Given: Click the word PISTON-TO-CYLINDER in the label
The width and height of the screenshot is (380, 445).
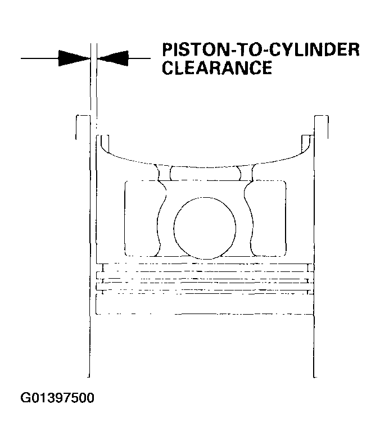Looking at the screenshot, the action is [x=261, y=50].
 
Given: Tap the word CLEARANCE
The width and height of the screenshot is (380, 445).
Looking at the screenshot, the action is [x=217, y=68].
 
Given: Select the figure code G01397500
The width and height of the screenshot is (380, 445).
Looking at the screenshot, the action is [x=57, y=398].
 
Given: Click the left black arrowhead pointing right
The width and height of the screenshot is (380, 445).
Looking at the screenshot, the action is [x=74, y=58].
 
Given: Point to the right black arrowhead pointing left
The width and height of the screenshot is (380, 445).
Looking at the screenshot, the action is [x=113, y=58].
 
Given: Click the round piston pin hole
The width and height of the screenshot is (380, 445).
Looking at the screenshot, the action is [x=205, y=228].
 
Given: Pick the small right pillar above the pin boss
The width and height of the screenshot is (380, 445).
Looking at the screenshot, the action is [x=246, y=172].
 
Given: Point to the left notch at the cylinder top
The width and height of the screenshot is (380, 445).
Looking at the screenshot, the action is [x=83, y=127].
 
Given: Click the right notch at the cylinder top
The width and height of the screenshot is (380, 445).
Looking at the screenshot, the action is [x=322, y=127].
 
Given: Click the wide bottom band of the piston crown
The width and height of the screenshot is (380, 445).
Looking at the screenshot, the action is [x=205, y=304].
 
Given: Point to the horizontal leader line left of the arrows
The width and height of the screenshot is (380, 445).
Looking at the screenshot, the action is [x=39, y=58].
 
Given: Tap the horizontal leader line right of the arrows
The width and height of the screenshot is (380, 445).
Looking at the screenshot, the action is [x=139, y=58].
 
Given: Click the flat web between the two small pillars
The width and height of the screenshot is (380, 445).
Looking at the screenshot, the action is [x=205, y=174].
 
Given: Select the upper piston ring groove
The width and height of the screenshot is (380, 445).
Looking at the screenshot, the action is [x=205, y=267].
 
